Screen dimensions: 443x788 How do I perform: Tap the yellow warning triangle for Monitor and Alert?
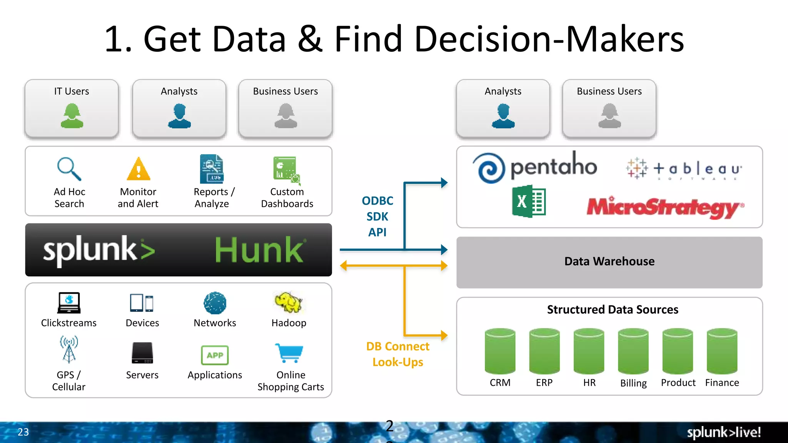(139, 170)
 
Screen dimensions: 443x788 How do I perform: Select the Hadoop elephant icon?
(289, 303)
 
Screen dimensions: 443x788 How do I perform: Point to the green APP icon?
(215, 355)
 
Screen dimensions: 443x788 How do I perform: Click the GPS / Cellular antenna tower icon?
(69, 349)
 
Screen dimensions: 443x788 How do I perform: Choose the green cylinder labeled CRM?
(500, 351)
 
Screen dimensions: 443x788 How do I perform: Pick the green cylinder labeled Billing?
(633, 351)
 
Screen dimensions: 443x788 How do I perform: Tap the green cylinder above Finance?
(722, 351)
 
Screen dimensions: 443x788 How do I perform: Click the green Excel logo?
(529, 201)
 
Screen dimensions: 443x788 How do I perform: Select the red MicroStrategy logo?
(665, 208)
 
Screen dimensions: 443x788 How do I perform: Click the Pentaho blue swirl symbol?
(488, 168)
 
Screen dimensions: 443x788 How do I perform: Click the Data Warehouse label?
(609, 261)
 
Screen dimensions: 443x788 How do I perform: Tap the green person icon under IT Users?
(72, 116)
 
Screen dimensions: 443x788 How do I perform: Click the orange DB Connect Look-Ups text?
(397, 354)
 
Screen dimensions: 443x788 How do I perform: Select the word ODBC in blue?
(377, 201)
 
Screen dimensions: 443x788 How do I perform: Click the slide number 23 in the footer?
(23, 432)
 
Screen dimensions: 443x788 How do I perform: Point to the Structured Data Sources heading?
(613, 310)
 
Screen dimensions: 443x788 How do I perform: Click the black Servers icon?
(142, 353)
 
